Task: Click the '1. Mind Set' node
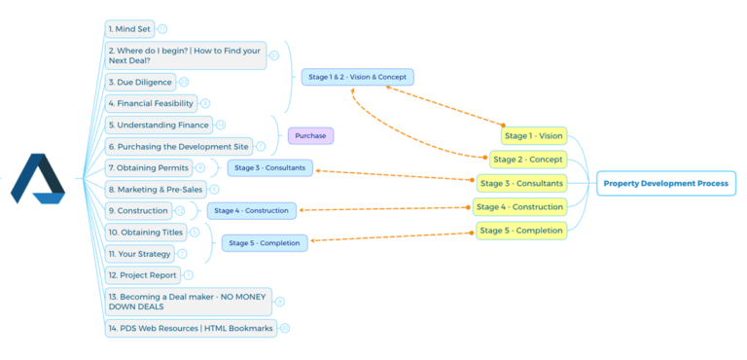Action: [129, 29]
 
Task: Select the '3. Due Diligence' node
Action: [140, 82]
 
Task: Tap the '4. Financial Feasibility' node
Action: [151, 103]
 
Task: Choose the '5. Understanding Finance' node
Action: [159, 125]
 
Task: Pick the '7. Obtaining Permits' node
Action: [148, 167]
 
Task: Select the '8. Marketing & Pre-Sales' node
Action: [156, 189]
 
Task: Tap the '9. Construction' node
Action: [137, 210]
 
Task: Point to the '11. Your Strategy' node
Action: [139, 254]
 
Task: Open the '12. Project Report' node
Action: [142, 275]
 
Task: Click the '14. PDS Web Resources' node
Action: [191, 328]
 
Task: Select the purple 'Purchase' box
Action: [310, 135]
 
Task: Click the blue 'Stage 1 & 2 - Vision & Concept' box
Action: [357, 77]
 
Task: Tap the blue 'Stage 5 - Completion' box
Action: [265, 242]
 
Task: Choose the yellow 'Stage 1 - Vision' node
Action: [533, 136]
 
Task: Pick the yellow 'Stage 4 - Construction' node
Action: [520, 206]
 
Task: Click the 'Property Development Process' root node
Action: [665, 183]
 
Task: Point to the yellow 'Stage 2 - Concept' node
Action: [528, 159]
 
